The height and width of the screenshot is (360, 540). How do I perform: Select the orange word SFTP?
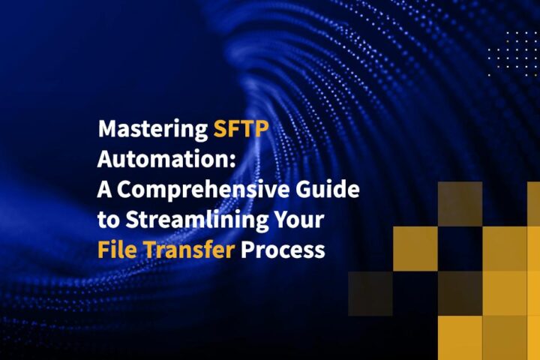[240, 130]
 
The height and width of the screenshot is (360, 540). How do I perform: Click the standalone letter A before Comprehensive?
[105, 189]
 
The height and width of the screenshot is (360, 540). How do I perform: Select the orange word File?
[116, 249]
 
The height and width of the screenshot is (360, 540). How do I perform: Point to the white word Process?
[283, 249]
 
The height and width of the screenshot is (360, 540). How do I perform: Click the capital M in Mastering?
[107, 130]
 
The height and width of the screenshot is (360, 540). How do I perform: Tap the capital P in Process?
[247, 249]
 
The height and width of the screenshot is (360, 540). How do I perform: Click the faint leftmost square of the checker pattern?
[370, 293]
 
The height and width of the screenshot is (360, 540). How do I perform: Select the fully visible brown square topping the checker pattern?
[459, 203]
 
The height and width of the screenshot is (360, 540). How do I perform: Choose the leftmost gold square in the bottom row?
[459, 337]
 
